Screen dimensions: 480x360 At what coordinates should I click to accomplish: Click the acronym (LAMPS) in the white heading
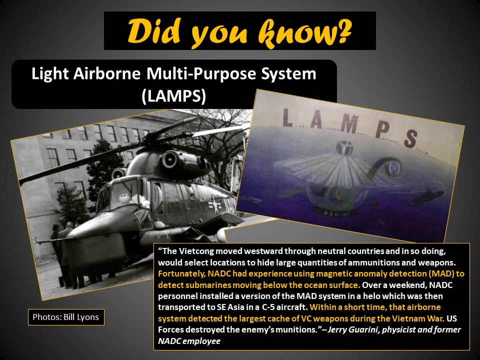pos(174,96)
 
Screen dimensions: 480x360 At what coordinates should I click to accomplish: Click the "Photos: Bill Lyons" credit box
pos(66,317)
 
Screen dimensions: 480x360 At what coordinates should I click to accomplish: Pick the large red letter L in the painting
pos(287,118)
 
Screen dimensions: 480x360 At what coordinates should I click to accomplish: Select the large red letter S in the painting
pos(411,138)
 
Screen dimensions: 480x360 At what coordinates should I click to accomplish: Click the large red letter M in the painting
pos(348,124)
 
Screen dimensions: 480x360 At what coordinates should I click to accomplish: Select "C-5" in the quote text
pos(267,307)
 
